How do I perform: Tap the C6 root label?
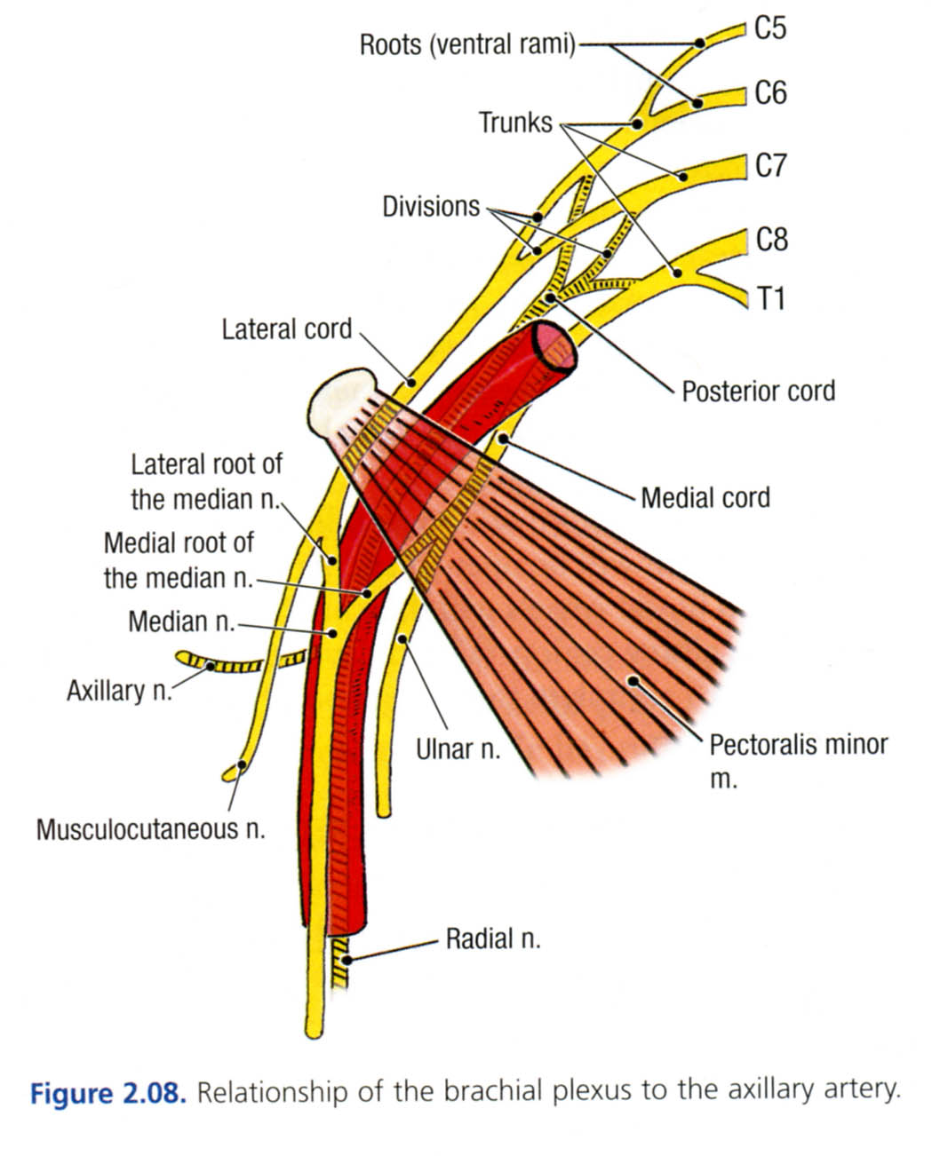(x=769, y=92)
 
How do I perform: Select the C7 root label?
(x=769, y=165)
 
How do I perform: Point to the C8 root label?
(x=770, y=239)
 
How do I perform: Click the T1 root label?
(x=770, y=298)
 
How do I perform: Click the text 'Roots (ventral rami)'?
(x=467, y=44)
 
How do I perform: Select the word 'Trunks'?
(x=515, y=123)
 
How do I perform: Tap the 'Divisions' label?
(x=431, y=207)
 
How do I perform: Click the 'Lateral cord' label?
(x=287, y=329)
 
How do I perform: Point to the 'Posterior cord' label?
(x=758, y=391)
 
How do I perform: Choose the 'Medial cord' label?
(x=705, y=497)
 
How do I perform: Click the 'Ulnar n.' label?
(x=458, y=749)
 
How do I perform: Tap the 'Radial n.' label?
(x=493, y=938)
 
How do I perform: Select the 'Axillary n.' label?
(x=118, y=690)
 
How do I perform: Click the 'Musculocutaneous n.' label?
(x=151, y=829)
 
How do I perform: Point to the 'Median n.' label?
(x=180, y=621)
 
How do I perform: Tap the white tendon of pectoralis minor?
(x=342, y=401)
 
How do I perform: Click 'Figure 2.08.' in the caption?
(x=108, y=1092)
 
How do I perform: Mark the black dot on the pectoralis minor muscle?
(x=633, y=681)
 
